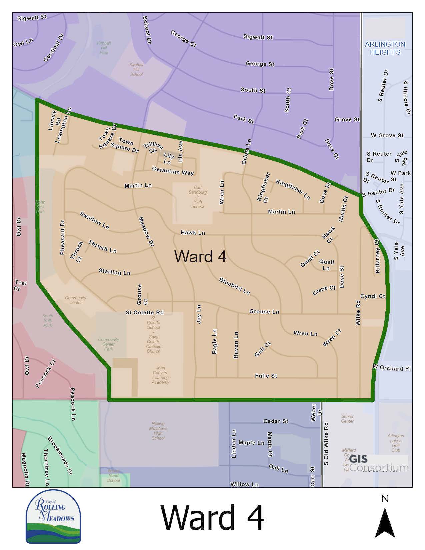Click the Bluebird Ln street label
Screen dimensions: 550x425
coord(234,286)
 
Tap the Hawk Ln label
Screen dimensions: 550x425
coord(193,232)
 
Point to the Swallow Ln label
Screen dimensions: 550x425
coord(94,220)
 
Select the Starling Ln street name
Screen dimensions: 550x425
coord(114,272)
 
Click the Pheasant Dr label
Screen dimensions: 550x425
coord(62,237)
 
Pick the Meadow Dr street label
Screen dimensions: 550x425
coord(146,232)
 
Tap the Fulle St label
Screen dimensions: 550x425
coord(266,376)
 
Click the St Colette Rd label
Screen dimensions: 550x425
coord(144,312)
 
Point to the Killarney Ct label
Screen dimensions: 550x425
coord(377,256)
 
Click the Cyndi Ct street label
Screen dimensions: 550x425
coord(372,296)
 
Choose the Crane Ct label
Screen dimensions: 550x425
coord(324,290)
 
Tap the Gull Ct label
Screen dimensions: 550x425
coord(262,349)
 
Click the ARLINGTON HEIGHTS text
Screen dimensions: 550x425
coord(385,48)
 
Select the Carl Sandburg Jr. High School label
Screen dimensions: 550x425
coord(198,197)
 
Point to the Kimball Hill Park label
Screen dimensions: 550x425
coord(104,48)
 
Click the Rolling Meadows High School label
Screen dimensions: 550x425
coord(158,431)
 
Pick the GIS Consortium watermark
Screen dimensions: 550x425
coord(379,463)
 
